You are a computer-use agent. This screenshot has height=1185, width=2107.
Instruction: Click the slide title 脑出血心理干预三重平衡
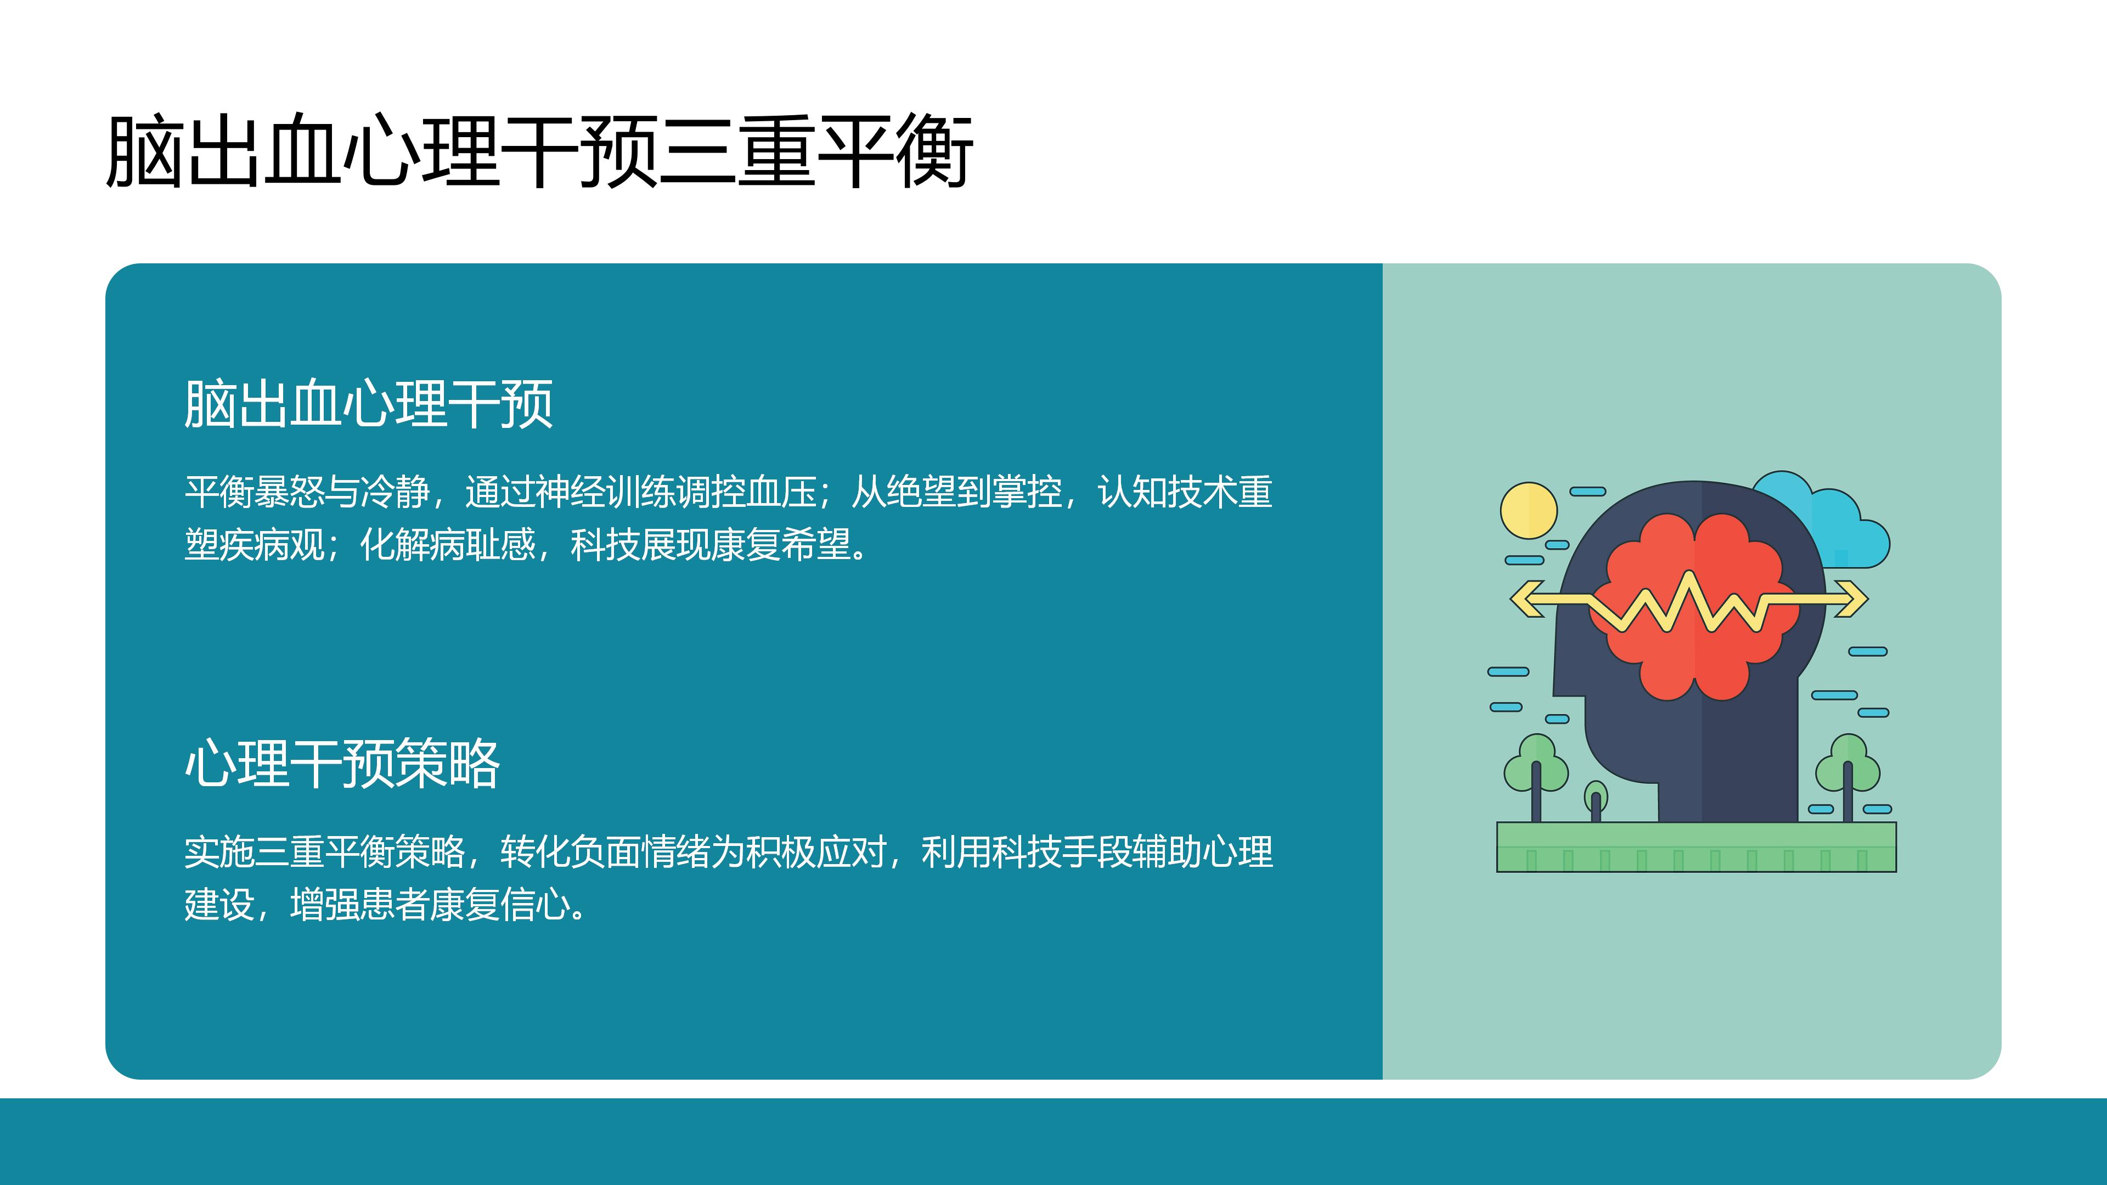pyautogui.click(x=540, y=152)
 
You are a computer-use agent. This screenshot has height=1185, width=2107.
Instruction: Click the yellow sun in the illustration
pyautogui.click(x=1529, y=510)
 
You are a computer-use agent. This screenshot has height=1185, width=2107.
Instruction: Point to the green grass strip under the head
pyautogui.click(x=1697, y=847)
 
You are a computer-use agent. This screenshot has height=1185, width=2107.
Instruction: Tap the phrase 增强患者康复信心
pyautogui.click(x=430, y=905)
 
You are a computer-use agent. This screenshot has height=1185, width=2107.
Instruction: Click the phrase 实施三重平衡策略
pyautogui.click(x=325, y=852)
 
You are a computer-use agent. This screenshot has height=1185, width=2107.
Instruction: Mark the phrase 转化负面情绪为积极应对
pyautogui.click(x=694, y=852)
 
